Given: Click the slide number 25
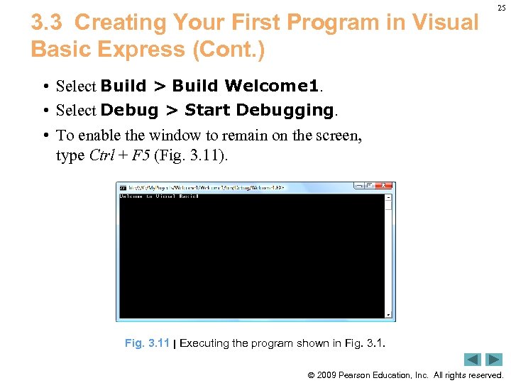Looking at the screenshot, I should click(x=501, y=8).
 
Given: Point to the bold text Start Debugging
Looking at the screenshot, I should click(x=259, y=110).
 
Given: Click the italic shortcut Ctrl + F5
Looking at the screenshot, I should click(x=119, y=155).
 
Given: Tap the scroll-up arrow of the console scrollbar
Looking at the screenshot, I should click(x=388, y=198).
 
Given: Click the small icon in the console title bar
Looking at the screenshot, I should click(x=123, y=188).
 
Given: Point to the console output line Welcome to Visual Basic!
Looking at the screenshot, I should click(x=159, y=196).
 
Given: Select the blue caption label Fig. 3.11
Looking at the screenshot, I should click(x=147, y=343).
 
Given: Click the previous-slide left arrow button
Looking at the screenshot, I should click(x=473, y=360).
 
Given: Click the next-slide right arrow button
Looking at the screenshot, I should click(x=494, y=360).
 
